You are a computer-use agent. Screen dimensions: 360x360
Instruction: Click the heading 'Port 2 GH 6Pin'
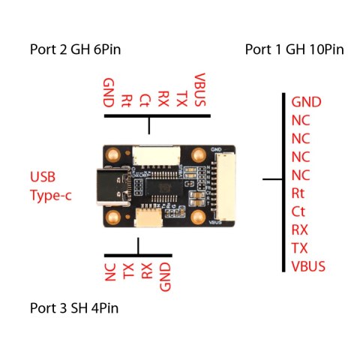[x=75, y=50]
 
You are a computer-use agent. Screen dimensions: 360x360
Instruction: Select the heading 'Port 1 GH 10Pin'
[x=294, y=50]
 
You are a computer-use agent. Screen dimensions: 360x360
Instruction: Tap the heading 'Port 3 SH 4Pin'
[x=74, y=307]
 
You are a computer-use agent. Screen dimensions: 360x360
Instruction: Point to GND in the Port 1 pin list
[x=306, y=102]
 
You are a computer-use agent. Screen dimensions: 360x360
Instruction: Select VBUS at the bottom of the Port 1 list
[x=309, y=265]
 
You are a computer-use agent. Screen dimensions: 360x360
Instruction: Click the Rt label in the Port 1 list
[x=298, y=193]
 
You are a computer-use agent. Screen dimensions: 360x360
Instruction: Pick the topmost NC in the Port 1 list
[x=300, y=121]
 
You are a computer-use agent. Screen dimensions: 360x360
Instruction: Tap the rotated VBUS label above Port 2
[x=199, y=89]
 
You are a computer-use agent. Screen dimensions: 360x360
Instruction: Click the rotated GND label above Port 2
[x=109, y=92]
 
